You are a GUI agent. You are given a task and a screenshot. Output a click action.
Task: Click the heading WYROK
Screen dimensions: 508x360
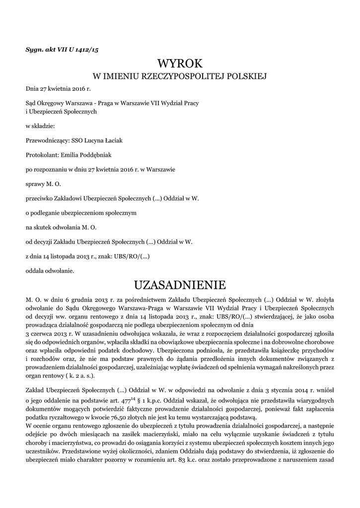(x=180, y=63)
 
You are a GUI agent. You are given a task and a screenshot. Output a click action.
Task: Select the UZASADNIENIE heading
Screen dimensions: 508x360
(x=180, y=285)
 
